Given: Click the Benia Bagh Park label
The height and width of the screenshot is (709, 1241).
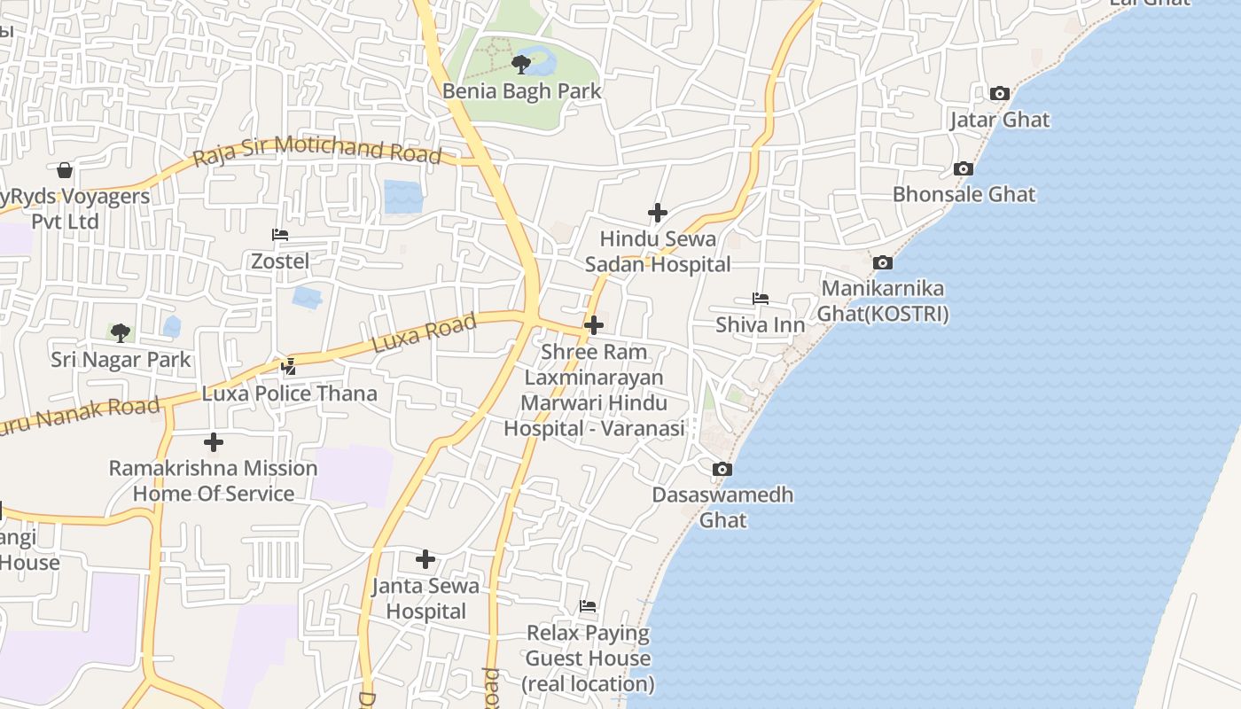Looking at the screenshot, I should click(521, 90).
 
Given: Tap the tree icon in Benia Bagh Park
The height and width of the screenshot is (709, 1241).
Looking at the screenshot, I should click(521, 64).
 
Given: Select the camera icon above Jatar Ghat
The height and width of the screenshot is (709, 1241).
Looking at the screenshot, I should click(999, 93).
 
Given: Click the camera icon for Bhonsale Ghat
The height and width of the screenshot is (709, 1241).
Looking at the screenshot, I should click(964, 168).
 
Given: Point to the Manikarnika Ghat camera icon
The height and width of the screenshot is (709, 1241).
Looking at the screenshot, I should click(882, 262).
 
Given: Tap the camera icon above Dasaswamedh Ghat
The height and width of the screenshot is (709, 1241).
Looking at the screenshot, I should click(722, 469).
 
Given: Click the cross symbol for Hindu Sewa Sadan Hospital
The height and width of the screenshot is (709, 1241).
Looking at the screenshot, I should click(658, 213).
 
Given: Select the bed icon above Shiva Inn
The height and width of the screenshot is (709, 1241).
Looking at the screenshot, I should click(761, 299).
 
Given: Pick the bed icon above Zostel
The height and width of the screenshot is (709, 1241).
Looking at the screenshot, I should click(280, 235).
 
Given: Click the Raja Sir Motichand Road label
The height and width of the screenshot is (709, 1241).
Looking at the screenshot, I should click(317, 150).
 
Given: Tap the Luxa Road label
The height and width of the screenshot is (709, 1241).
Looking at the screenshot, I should click(424, 333).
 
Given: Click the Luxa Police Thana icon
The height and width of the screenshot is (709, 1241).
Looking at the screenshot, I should click(289, 365).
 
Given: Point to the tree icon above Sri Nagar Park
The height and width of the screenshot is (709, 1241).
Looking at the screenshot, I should click(121, 333).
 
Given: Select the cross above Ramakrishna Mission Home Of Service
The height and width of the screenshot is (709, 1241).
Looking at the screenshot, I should click(214, 441).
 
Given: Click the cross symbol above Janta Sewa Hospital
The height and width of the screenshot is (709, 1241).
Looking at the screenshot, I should click(425, 559).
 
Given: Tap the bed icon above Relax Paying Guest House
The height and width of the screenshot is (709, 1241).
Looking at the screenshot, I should click(588, 606).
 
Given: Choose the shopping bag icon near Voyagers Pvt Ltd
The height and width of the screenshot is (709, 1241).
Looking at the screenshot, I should click(64, 169).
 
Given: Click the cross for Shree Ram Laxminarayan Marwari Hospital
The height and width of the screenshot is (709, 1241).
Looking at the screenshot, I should click(594, 325).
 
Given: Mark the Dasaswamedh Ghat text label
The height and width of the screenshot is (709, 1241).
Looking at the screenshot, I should click(722, 507).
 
